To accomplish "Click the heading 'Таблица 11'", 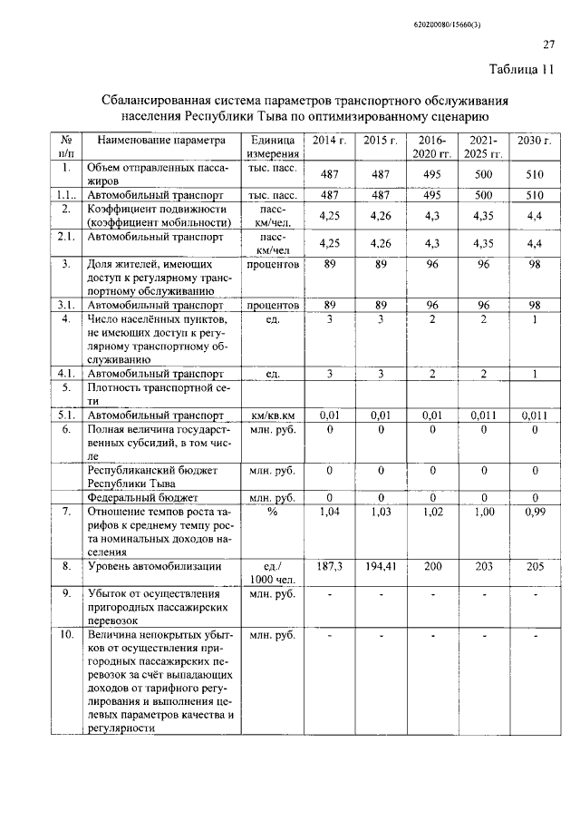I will pos(521,71).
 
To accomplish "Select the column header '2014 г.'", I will pos(330,141).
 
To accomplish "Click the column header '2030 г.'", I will pos(535,141).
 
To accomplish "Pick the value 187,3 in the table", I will pos(330,566).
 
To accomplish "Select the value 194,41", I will pos(382,566).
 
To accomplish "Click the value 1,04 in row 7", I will pos(330,513).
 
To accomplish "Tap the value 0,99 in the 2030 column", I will pos(535,513).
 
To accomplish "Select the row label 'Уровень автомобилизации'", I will pos(153,566).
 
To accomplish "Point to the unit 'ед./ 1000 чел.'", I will pos(273,572).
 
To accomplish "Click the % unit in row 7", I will pos(272,513).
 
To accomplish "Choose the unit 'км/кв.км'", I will pos(273,415).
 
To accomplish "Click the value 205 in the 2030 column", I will pos(535,566).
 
